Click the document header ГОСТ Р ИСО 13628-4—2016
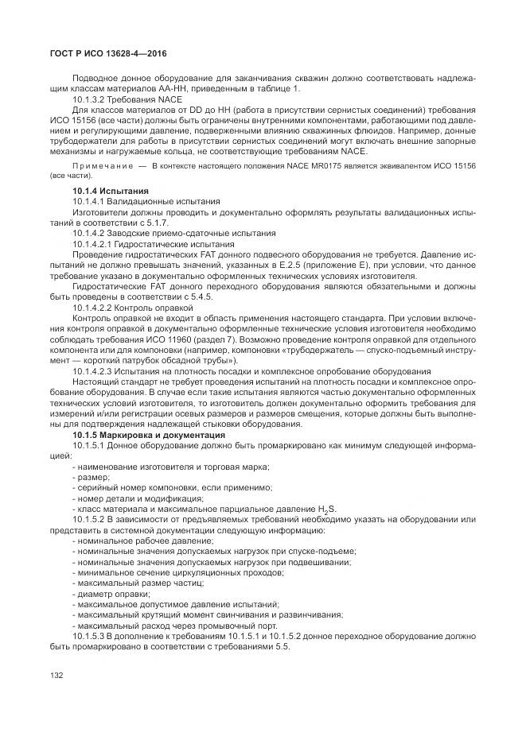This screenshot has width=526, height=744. [x=103, y=54]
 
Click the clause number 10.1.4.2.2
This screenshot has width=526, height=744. [x=93, y=306]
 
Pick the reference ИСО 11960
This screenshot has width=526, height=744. [x=180, y=337]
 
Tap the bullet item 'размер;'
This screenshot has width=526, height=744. [x=91, y=476]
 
